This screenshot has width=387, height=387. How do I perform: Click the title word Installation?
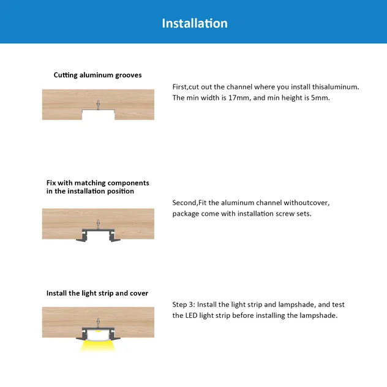click(195, 23)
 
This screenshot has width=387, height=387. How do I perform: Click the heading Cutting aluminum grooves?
click(98, 75)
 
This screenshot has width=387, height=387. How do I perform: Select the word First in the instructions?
click(179, 87)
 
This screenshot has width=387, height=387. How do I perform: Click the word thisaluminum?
click(335, 87)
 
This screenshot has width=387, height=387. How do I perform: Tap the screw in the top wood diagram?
click(98, 105)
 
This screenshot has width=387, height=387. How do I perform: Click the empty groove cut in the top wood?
click(98, 115)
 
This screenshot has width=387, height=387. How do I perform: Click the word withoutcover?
click(306, 203)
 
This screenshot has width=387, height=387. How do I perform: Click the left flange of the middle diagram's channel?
click(82, 239)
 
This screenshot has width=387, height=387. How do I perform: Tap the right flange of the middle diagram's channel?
click(115, 239)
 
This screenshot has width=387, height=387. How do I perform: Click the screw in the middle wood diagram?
click(98, 224)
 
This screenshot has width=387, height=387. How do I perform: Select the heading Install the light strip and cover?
click(97, 293)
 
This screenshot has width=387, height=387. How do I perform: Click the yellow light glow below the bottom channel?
click(98, 345)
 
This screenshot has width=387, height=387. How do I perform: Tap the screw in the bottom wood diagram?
click(98, 322)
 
